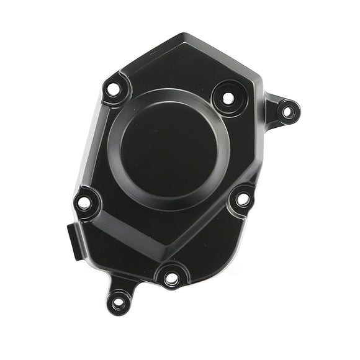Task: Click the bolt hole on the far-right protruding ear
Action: (287, 112)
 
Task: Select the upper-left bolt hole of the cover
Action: (112, 89)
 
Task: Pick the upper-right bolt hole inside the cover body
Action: (228, 98)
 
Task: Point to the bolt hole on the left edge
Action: (84, 202)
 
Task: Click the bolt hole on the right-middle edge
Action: (243, 199)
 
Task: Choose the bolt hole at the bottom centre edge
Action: (172, 279)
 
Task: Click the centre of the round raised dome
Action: (168, 149)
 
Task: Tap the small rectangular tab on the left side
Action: (70, 236)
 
